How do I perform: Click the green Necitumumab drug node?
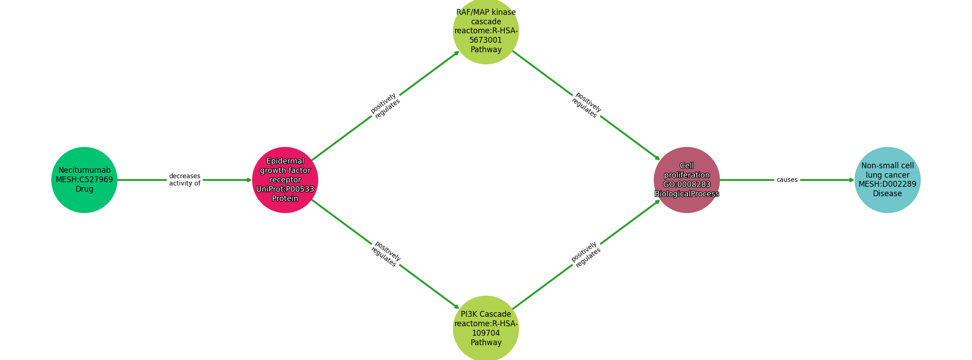click(84, 180)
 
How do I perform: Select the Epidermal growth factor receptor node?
click(285, 180)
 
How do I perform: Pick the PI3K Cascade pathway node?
click(486, 328)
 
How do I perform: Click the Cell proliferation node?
click(687, 180)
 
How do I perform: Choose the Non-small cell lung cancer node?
click(887, 180)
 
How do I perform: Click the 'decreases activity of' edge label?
click(184, 180)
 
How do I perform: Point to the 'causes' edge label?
click(787, 180)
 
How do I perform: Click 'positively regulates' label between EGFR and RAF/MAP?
click(385, 106)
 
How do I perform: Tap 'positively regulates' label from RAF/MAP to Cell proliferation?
click(586, 105)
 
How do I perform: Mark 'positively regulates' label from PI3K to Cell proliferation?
click(586, 255)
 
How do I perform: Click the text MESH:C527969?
click(84, 180)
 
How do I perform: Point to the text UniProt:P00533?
click(285, 189)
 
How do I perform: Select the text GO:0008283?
click(687, 184)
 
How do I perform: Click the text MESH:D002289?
click(887, 184)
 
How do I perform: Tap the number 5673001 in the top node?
click(486, 40)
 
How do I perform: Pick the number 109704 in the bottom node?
click(486, 333)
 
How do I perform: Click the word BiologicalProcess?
click(687, 194)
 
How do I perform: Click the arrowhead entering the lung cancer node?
click(851, 180)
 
